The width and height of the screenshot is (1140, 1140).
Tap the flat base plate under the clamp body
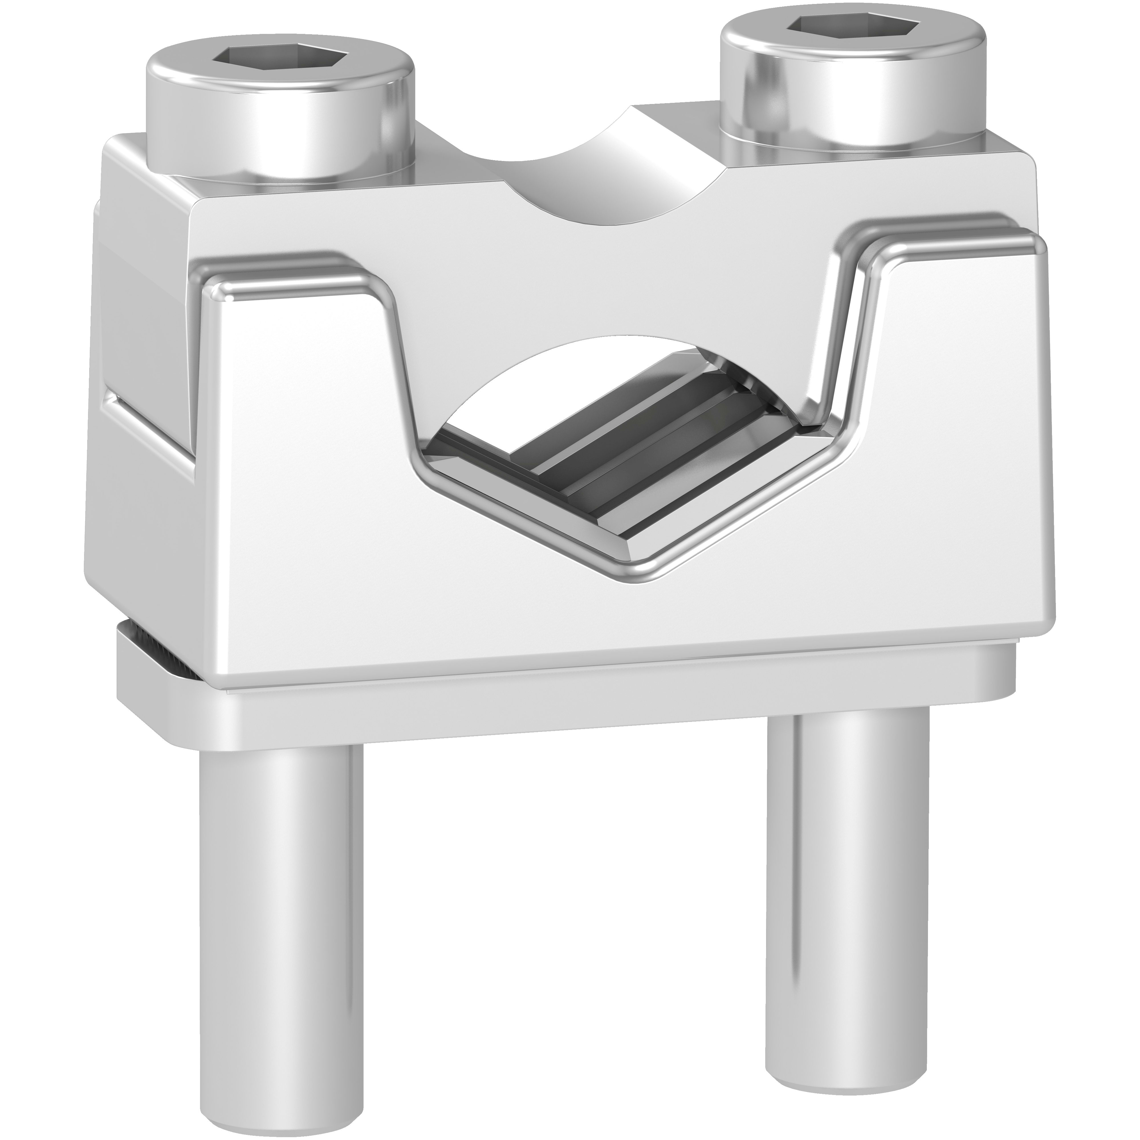531,708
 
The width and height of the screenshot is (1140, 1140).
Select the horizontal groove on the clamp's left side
148,419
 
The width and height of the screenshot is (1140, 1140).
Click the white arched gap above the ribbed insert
531,378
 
